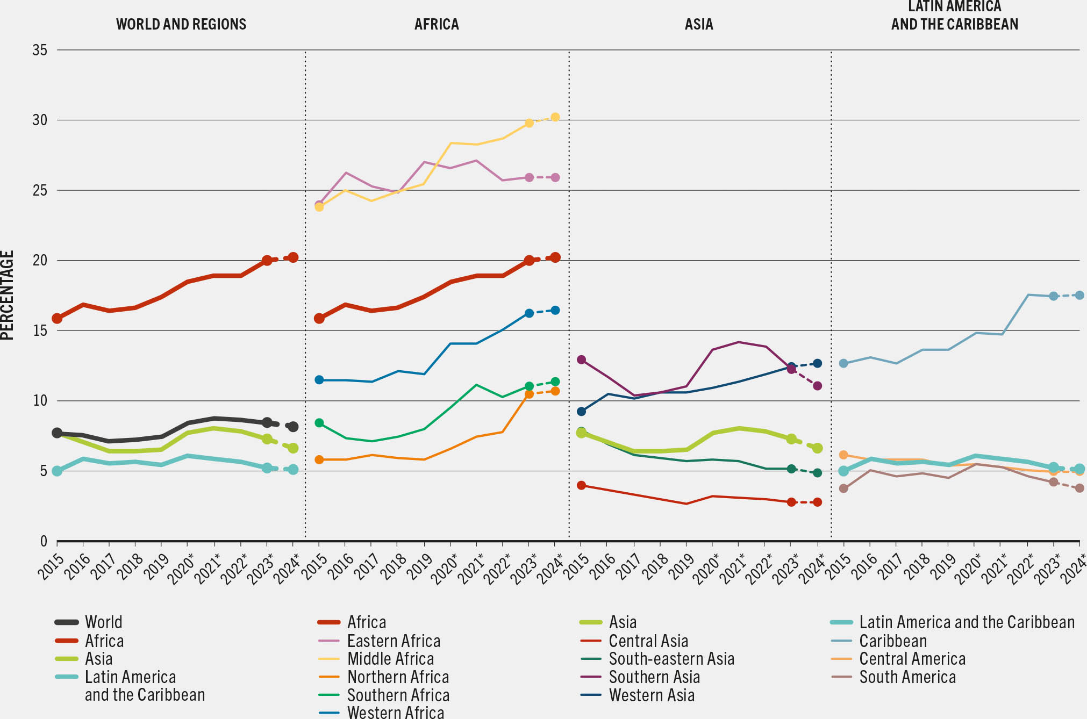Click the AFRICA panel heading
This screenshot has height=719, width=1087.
click(x=437, y=24)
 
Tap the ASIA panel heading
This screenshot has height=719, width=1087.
click(x=698, y=24)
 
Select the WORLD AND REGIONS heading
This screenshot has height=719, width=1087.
click(x=181, y=24)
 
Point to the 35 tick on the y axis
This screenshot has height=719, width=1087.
click(x=40, y=50)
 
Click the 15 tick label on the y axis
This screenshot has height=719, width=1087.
click(x=40, y=330)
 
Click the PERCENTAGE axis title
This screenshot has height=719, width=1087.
click(x=8, y=295)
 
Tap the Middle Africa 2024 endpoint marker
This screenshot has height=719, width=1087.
click(x=555, y=117)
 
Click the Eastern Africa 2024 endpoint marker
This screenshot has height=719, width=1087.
click(x=555, y=177)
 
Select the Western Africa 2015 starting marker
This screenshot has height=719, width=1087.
click(x=319, y=380)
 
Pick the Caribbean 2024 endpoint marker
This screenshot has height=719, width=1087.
click(x=1079, y=296)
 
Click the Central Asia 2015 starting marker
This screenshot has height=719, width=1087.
click(x=581, y=485)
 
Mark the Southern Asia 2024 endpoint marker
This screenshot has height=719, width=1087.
click(x=818, y=386)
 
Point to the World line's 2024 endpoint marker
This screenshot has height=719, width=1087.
click(x=293, y=427)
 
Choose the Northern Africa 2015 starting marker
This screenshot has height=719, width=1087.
click(x=319, y=460)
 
